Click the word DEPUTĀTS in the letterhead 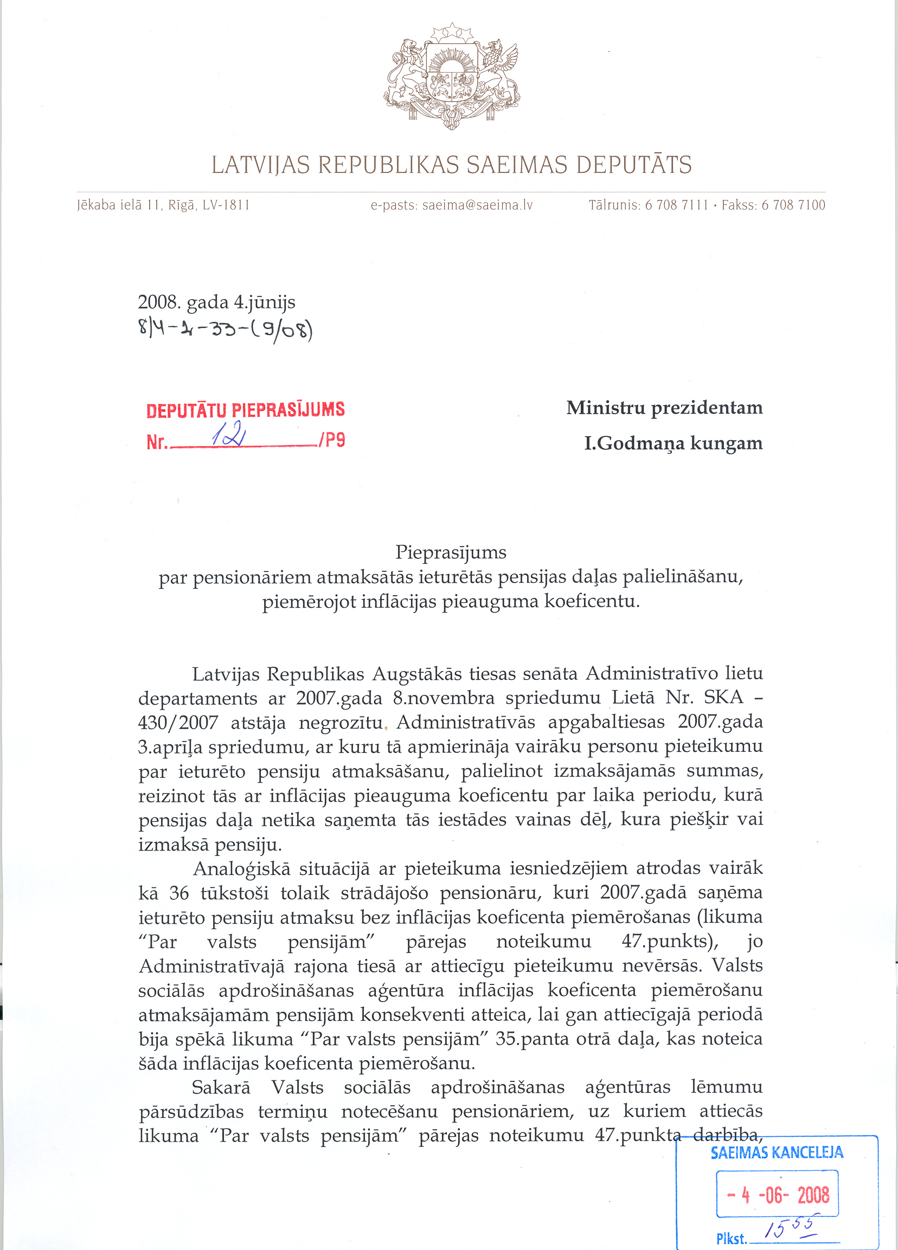click(633, 165)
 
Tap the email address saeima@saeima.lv click(477, 205)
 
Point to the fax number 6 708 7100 click(793, 205)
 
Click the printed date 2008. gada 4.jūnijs click(216, 302)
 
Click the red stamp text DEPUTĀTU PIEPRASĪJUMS click(245, 409)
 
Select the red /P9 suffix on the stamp click(332, 440)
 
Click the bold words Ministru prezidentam click(664, 408)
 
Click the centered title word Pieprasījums click(451, 552)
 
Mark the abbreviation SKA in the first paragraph click(723, 698)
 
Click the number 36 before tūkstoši click(178, 893)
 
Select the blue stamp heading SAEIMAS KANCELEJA click(776, 1152)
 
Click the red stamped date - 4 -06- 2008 click(777, 1195)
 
